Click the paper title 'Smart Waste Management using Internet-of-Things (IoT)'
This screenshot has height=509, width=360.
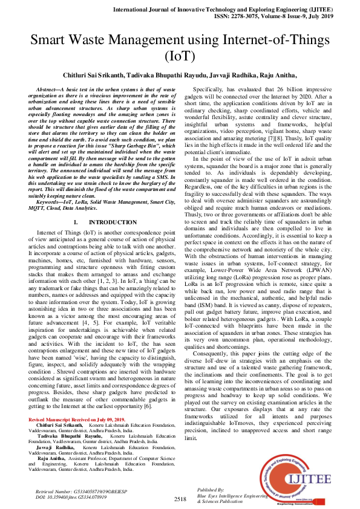point(180,48)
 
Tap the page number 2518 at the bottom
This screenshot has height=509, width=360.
point(180,499)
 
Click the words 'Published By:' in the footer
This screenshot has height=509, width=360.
point(211,489)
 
